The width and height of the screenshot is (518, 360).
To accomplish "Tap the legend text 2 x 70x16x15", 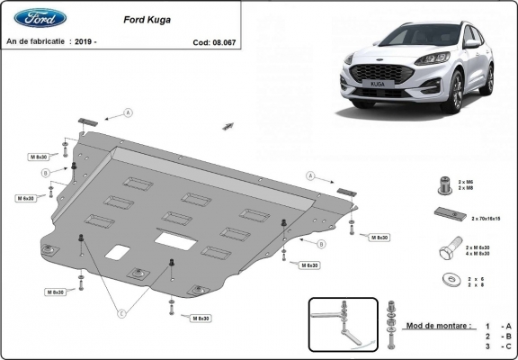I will click(487, 218).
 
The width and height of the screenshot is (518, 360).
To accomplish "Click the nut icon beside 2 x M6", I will click(444, 184).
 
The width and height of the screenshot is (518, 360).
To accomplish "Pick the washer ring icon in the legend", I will click(446, 280).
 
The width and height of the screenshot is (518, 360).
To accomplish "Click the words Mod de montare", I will click(437, 324).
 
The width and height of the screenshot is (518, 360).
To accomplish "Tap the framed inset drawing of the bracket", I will click(341, 324).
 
